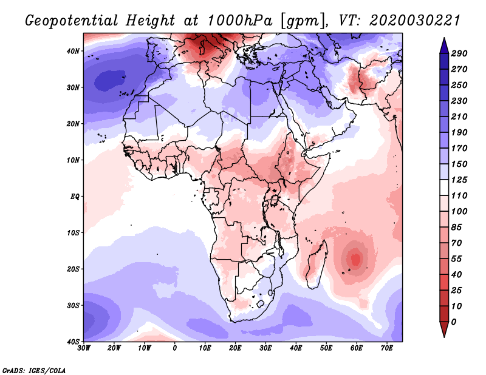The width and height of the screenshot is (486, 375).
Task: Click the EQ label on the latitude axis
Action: (x=75, y=196)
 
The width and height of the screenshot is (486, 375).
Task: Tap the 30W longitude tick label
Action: (x=84, y=348)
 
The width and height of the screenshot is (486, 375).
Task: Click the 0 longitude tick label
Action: (x=175, y=348)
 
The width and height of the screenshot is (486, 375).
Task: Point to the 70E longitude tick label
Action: (x=386, y=348)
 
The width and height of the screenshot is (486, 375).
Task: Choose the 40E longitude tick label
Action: (x=296, y=348)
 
